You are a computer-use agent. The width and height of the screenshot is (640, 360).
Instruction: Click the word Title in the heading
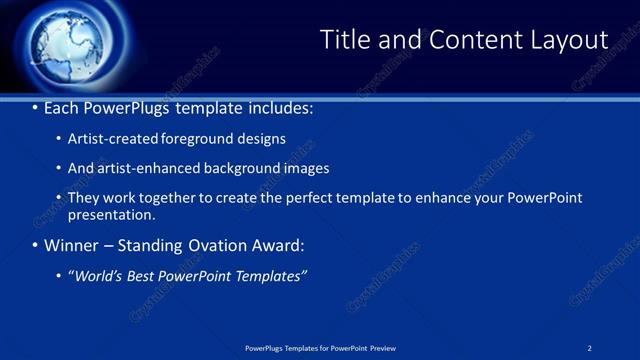pos(342,40)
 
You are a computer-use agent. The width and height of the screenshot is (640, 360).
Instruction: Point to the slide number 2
pos(590,348)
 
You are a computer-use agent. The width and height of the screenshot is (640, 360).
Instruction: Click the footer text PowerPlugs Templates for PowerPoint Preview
pos(320,348)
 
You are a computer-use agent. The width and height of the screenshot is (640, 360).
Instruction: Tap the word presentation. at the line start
pos(111,214)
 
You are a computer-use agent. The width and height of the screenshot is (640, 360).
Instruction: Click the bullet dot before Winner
pos(35,246)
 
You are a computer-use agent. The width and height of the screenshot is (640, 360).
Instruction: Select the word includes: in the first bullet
pos(279,108)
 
